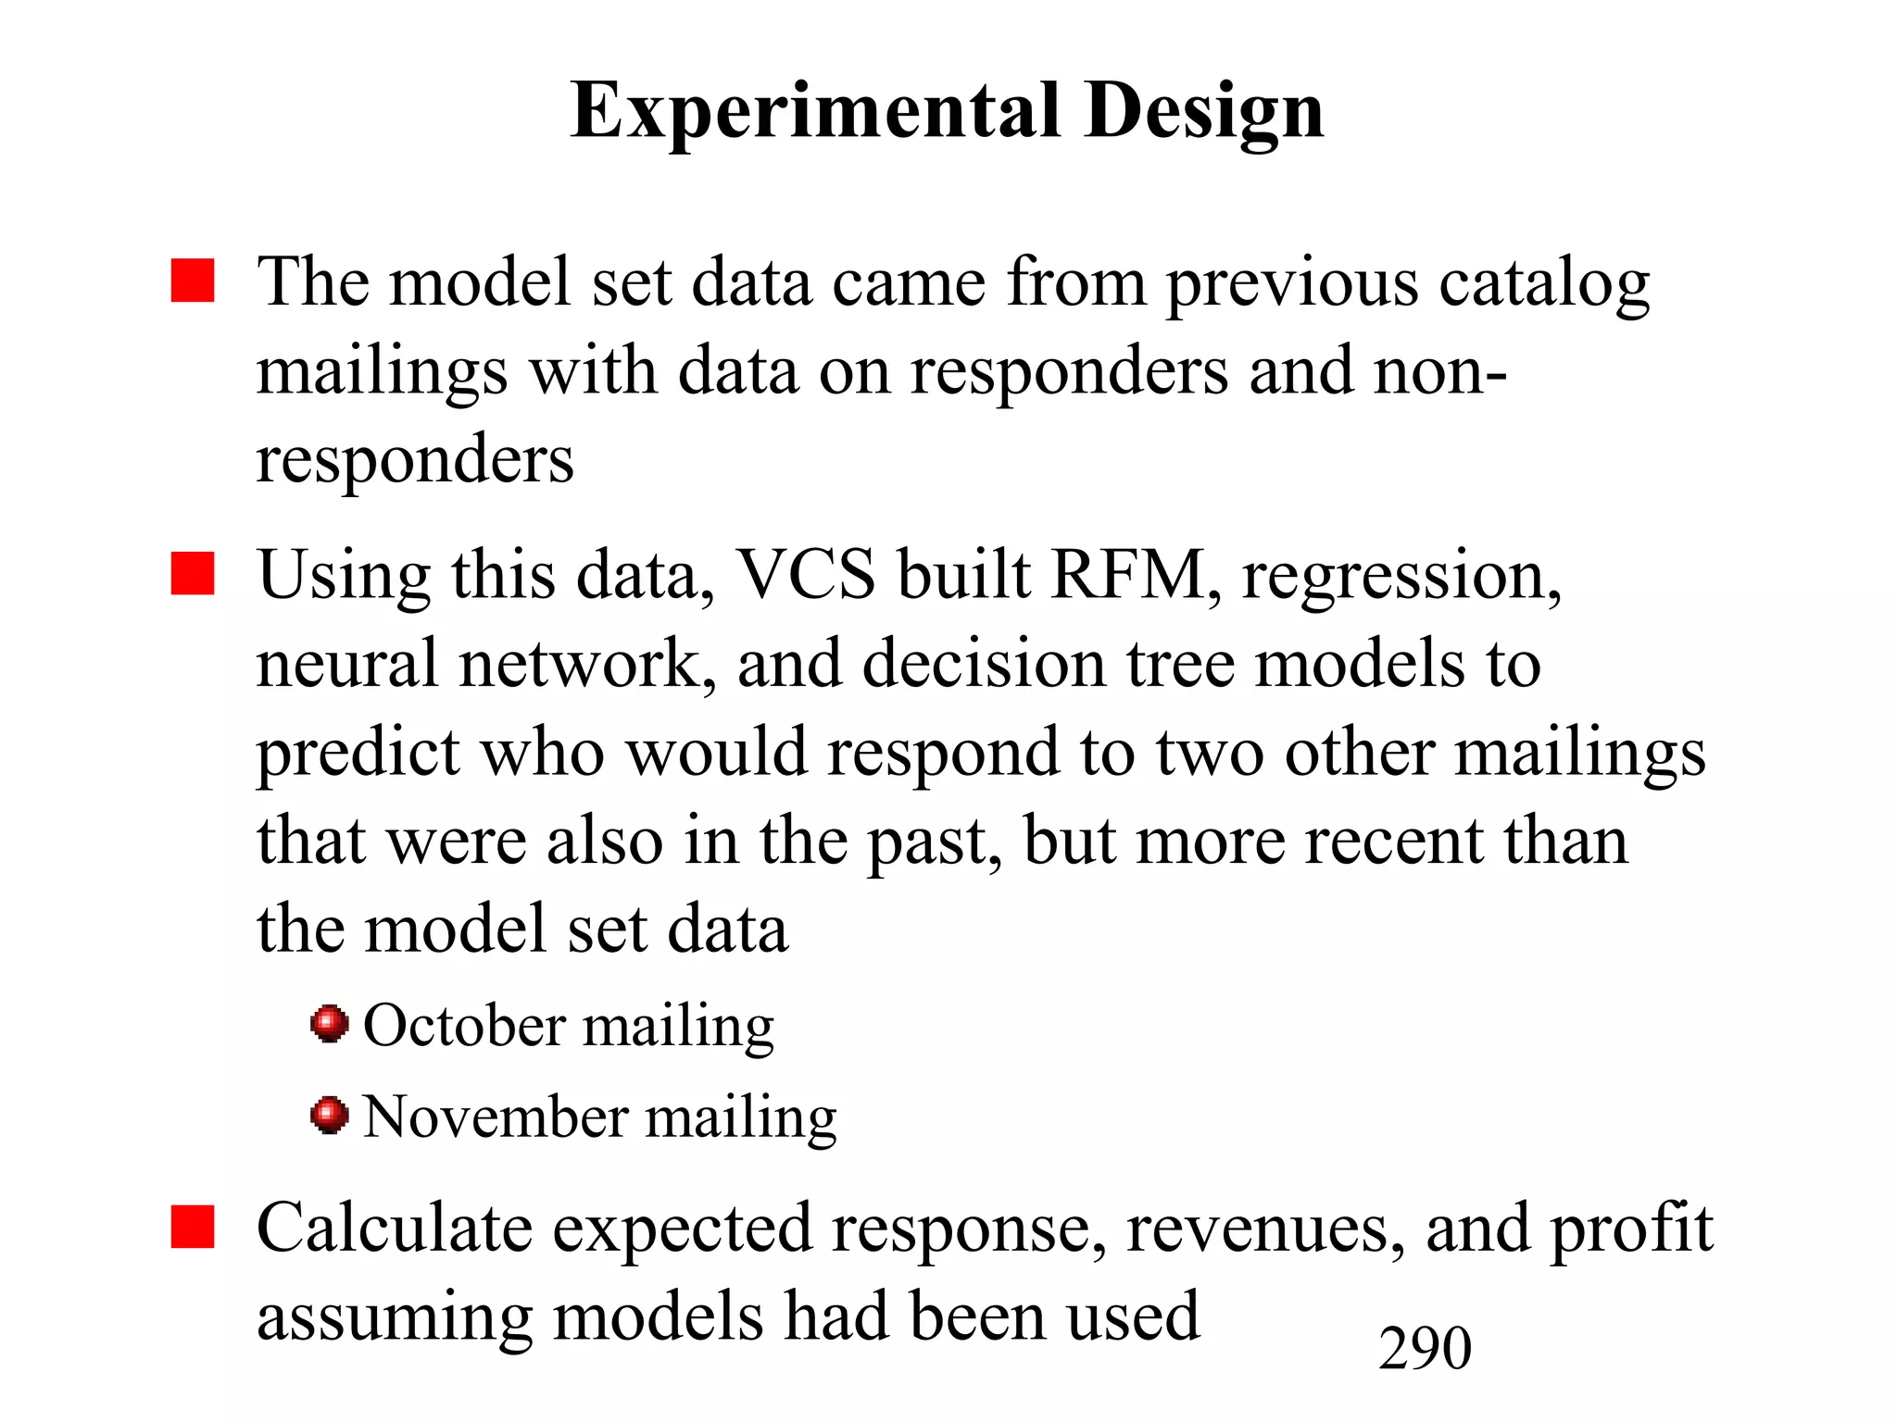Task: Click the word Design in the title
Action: (x=1203, y=111)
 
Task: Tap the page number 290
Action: (x=1425, y=1348)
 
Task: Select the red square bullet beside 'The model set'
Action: (x=193, y=281)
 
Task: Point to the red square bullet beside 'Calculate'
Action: (x=193, y=1227)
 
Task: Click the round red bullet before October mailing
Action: (x=329, y=1024)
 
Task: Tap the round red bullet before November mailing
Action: (x=329, y=1115)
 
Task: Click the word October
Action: (x=464, y=1026)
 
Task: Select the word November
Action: (x=495, y=1116)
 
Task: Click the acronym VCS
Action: (x=805, y=575)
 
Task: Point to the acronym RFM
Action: (x=1134, y=575)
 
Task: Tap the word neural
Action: (x=347, y=663)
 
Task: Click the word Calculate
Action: (x=395, y=1228)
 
